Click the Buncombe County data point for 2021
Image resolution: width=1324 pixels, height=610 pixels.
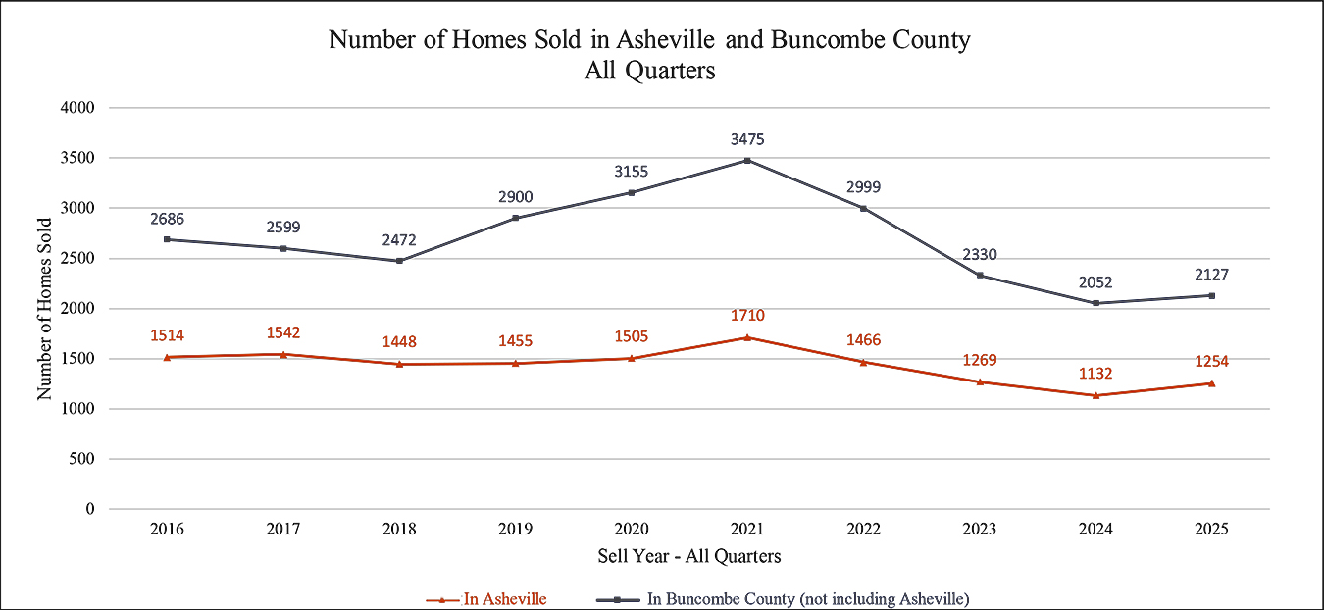click(747, 160)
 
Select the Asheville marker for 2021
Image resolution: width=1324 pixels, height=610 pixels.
click(747, 337)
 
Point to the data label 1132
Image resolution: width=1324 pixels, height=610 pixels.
click(1095, 373)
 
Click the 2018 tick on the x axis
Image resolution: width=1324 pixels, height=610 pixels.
click(399, 529)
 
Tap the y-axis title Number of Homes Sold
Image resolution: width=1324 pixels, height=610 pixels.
click(44, 308)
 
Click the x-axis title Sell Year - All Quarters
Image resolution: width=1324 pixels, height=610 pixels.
click(689, 556)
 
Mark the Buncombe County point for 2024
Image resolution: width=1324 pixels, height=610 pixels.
click(1095, 303)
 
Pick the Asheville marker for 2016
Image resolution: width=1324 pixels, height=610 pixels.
click(168, 357)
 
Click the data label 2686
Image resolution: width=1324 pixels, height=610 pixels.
click(168, 218)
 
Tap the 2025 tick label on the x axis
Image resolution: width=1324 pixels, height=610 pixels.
click(1211, 529)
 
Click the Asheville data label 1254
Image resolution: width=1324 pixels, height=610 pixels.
click(1211, 361)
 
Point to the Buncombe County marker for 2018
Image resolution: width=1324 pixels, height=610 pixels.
click(399, 261)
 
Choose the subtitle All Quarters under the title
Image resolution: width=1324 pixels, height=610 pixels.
click(649, 71)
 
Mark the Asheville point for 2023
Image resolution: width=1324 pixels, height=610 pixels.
click(980, 381)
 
